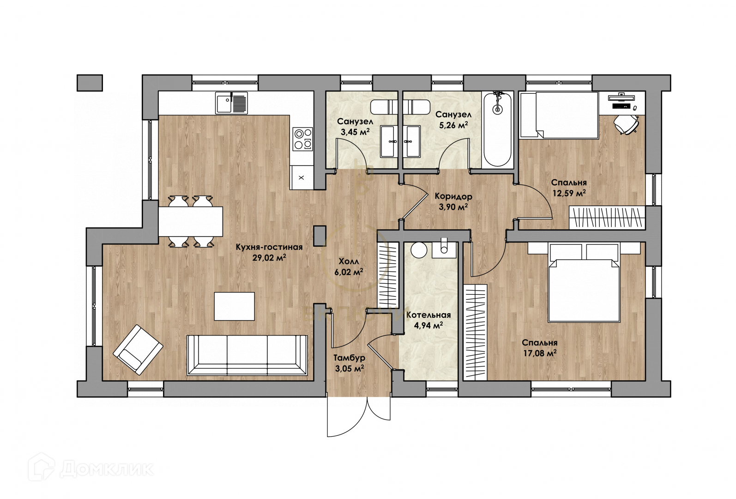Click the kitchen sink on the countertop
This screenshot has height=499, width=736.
232,103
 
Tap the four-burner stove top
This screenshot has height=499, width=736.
303,139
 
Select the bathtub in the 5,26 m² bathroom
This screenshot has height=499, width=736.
498,129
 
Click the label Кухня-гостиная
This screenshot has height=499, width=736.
269,247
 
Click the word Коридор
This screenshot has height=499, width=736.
453,196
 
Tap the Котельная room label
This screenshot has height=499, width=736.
428,315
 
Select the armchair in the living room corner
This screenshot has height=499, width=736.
138,350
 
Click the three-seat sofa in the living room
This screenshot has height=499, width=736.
247,355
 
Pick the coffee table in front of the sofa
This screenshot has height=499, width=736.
234,306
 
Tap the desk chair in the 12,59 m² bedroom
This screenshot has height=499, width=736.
626,124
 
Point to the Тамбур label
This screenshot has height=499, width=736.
349,358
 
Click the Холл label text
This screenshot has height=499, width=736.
349,262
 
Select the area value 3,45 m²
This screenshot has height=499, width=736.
355,132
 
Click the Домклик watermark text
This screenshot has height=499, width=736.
107,469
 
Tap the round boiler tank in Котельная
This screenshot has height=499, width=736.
419,250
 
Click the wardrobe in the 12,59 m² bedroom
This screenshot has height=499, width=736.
607,217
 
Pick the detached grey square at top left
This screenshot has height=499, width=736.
90,83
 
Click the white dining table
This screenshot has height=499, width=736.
191,221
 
